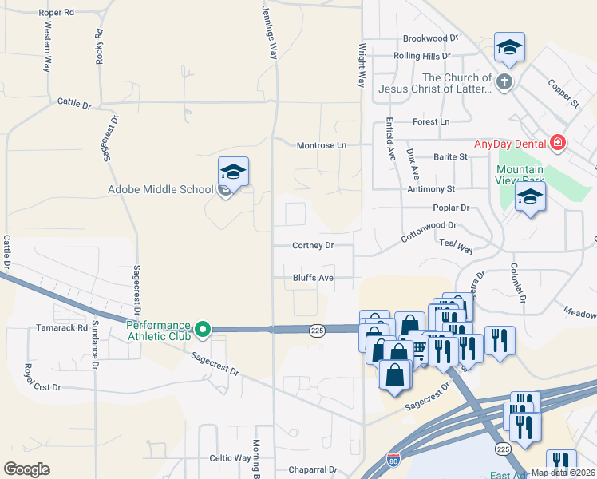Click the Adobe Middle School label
pos(161,190)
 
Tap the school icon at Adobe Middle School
pos(233,172)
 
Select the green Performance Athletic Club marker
pos(204,328)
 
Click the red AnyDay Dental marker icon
pos(557,144)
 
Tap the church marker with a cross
pos(504,81)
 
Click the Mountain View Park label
pos(520,176)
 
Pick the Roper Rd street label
pos(56,14)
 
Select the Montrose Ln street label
pos(322,145)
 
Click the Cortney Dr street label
pos(312,246)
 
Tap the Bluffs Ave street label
pos(312,279)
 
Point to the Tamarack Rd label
pos(61,327)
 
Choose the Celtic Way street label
pos(230,458)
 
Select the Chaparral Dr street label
pos(312,470)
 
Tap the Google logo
pos(26,469)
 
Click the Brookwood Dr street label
pos(430,38)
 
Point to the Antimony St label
pos(430,189)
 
